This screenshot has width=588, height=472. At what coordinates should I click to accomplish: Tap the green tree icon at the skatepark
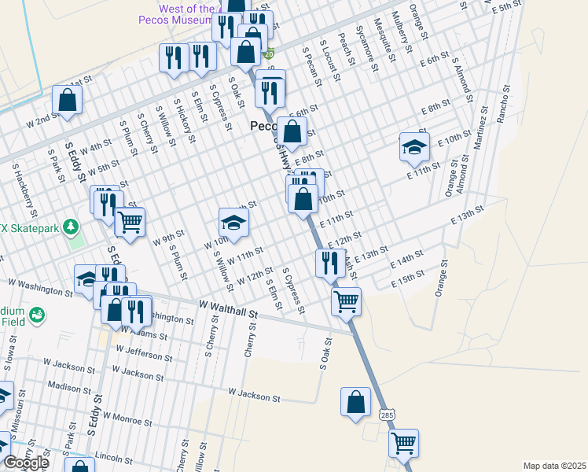coord(72,227)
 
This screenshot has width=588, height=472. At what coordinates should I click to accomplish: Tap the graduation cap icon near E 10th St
coord(414,146)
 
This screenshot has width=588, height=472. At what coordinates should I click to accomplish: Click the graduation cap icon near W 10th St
coord(233,222)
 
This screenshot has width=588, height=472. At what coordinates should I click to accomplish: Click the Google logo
coord(26,463)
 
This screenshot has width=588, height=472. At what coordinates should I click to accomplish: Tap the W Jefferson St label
coord(146,352)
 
